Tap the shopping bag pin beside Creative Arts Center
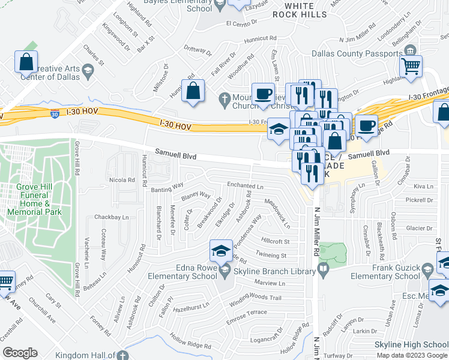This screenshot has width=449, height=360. tap(26, 61)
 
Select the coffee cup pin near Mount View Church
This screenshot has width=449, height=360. tap(262, 95)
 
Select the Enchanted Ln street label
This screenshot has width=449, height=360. tap(244, 185)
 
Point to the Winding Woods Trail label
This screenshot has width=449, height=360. tap(255, 298)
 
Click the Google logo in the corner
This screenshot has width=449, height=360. tap(20, 353)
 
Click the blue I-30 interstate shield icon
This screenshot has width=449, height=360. tap(55, 113)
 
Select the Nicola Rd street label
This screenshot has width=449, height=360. tap(122, 179)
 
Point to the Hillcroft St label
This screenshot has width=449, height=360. tap(276, 241)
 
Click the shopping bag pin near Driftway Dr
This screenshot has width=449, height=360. tap(194, 92)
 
